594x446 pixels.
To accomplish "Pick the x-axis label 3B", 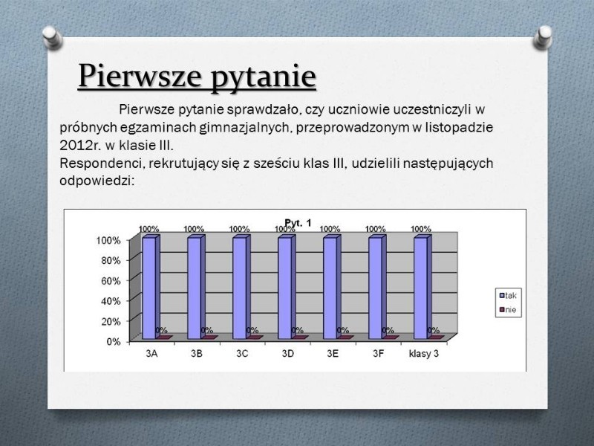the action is click(x=197, y=354).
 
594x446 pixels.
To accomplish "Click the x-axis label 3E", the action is click(x=333, y=354).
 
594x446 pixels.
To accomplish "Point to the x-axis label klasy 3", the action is click(x=424, y=354).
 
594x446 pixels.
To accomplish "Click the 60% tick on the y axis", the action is click(x=111, y=281).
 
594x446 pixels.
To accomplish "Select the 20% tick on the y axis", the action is click(x=111, y=322).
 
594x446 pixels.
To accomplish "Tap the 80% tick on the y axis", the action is click(x=111, y=261).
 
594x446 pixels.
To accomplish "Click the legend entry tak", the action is click(x=508, y=295).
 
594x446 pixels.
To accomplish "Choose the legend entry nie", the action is click(x=508, y=309).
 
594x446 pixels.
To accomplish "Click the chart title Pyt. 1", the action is click(x=298, y=223).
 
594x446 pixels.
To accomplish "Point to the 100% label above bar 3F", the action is click(x=375, y=229).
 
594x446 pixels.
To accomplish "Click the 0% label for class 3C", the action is click(x=252, y=330).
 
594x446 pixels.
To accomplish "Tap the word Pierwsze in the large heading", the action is click(x=140, y=76).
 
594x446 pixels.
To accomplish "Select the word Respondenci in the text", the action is click(x=102, y=164).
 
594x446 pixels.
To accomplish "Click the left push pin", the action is click(x=52, y=37).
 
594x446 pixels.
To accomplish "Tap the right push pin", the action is click(x=543, y=37).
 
